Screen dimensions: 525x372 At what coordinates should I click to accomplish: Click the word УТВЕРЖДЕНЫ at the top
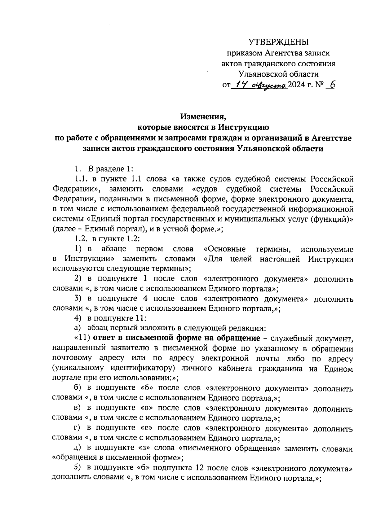coord(279,42)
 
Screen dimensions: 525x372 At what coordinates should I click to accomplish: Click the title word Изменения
coord(204,117)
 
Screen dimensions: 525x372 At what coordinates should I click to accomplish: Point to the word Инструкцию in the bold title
coord(243,127)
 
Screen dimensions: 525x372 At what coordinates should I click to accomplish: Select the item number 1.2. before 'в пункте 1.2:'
coord(82,239)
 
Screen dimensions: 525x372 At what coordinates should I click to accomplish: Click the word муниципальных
coord(252,219)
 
